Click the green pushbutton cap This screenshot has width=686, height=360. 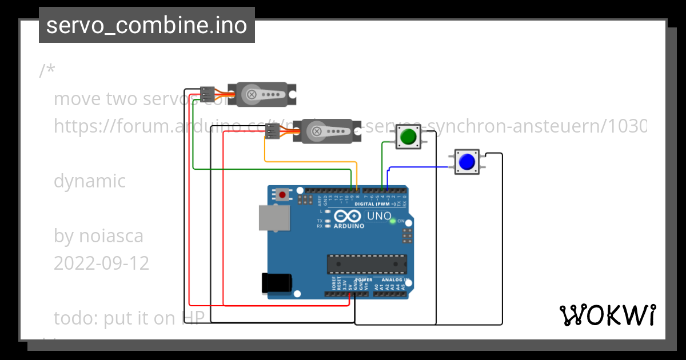[x=408, y=137]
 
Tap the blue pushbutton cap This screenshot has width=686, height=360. [x=467, y=162]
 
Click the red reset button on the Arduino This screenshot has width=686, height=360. [x=282, y=194]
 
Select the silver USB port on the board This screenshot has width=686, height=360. [x=273, y=218]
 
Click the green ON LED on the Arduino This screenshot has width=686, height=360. [x=393, y=221]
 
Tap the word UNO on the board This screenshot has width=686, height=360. [x=378, y=217]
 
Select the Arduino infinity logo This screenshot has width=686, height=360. [x=348, y=216]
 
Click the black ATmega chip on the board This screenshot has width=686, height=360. [x=366, y=264]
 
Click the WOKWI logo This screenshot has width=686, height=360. [x=608, y=315]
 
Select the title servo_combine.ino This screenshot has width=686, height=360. [x=147, y=25]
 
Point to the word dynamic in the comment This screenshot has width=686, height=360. [x=90, y=181]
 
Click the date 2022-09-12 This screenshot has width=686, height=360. [x=101, y=263]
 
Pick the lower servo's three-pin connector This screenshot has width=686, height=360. [x=273, y=131]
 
